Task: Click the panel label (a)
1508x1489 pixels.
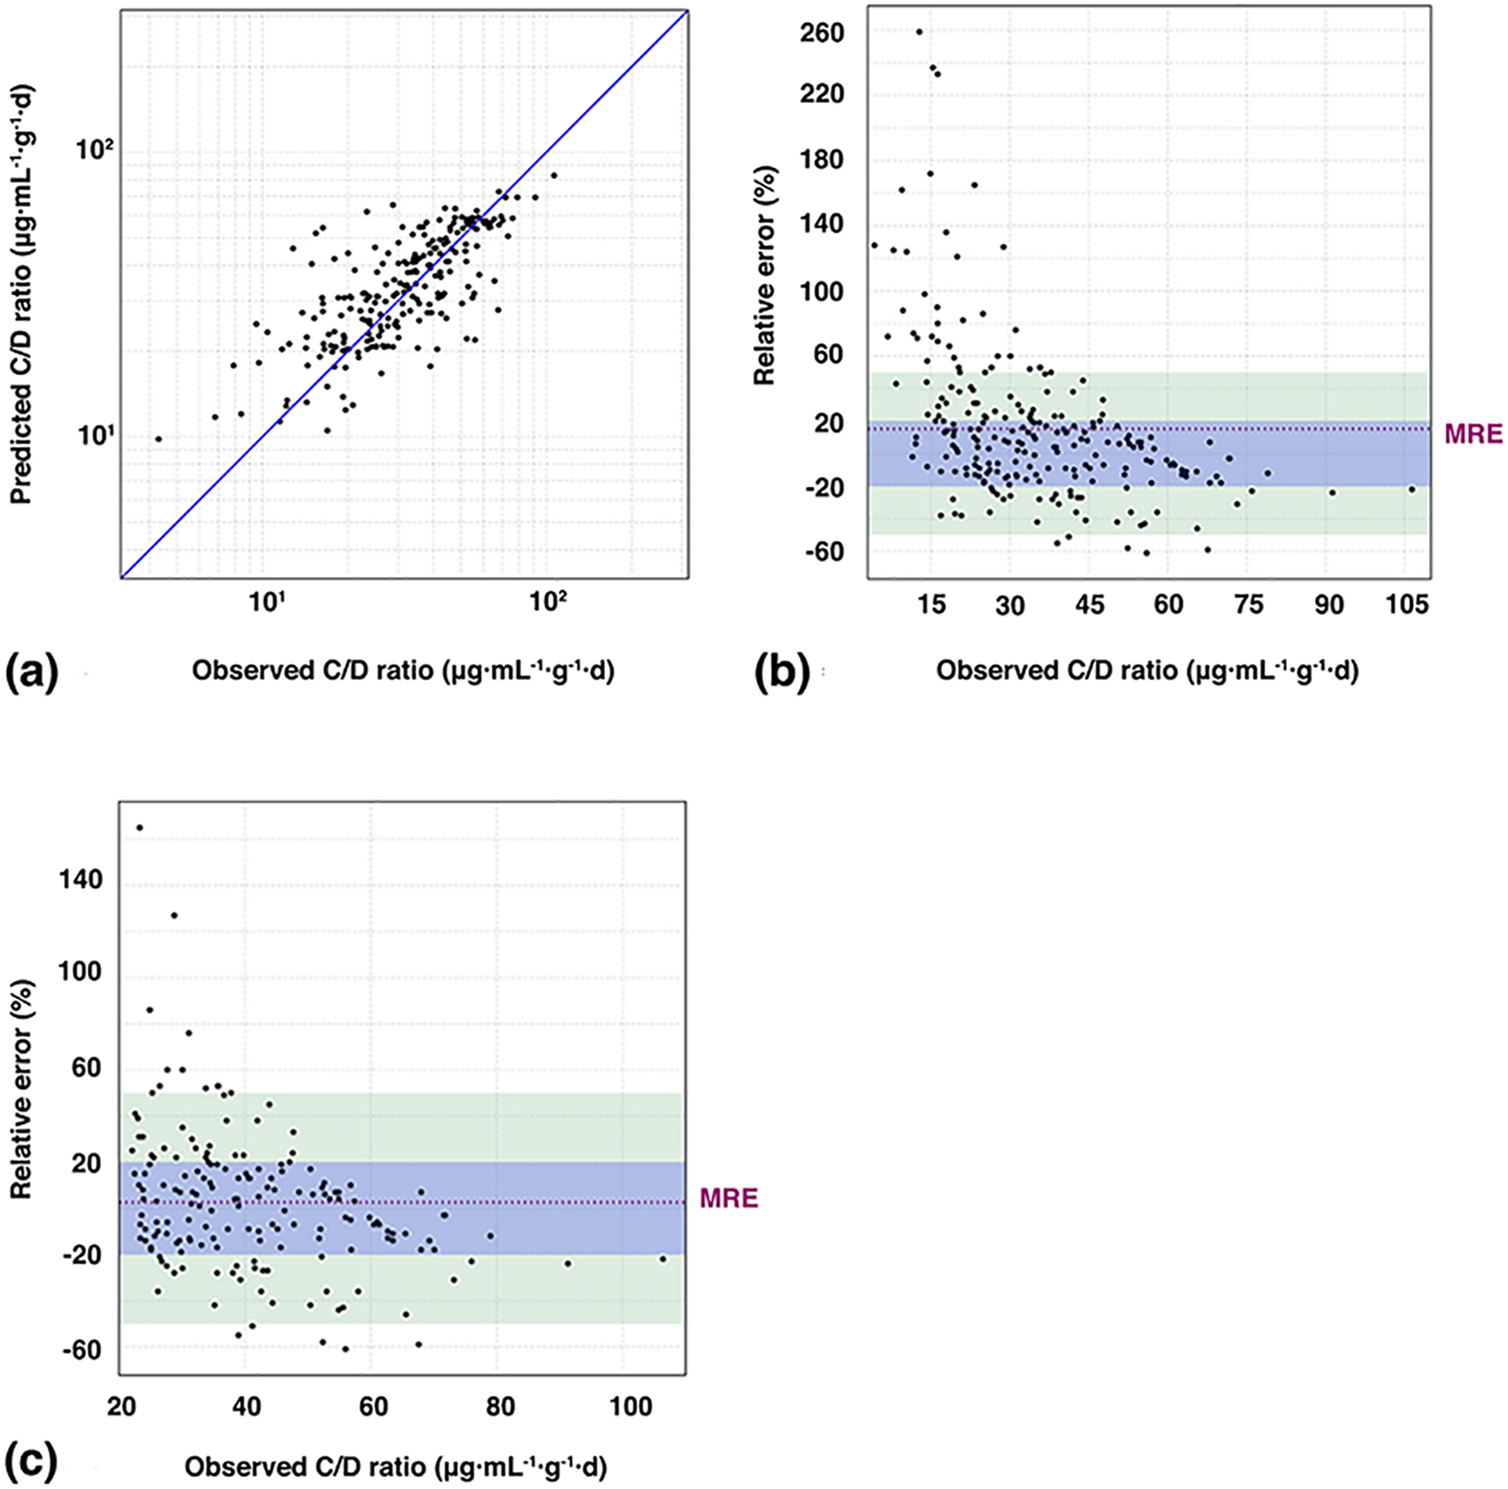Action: pyautogui.click(x=32, y=673)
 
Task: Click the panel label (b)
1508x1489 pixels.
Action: pyautogui.click(x=782, y=673)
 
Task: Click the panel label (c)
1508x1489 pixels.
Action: pyautogui.click(x=32, y=1462)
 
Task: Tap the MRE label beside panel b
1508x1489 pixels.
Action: pyautogui.click(x=1473, y=435)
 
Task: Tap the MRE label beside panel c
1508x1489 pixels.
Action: pyautogui.click(x=728, y=1199)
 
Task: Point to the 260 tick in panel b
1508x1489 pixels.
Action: pyautogui.click(x=822, y=33)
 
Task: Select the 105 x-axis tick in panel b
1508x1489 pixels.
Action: pyautogui.click(x=1407, y=604)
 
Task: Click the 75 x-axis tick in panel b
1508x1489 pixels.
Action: pyautogui.click(x=1248, y=604)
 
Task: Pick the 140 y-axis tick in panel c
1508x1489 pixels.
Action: pyautogui.click(x=78, y=880)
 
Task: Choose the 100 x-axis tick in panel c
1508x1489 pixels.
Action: pyautogui.click(x=630, y=1405)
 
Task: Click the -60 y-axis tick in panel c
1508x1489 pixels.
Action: pyautogui.click(x=81, y=1350)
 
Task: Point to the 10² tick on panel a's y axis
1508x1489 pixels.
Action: pyautogui.click(x=95, y=151)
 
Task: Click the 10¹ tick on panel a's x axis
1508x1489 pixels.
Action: pyautogui.click(x=266, y=602)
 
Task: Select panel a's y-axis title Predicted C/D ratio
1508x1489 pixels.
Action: pyautogui.click(x=20, y=294)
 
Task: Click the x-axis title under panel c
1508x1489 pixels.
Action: pyautogui.click(x=395, y=1467)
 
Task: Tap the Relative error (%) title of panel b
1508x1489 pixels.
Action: pyautogui.click(x=764, y=274)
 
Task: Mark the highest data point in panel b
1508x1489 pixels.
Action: pyautogui.click(x=918, y=32)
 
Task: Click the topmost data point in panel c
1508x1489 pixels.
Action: pyautogui.click(x=140, y=828)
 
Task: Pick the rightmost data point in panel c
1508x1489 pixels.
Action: pyautogui.click(x=663, y=1258)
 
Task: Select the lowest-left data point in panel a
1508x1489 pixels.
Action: pyautogui.click(x=158, y=439)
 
